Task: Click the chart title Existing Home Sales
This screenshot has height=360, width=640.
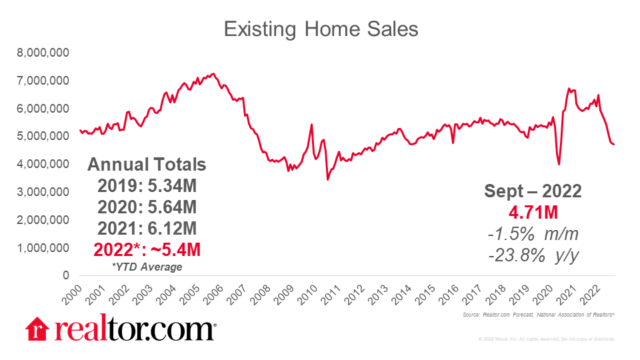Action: (x=320, y=29)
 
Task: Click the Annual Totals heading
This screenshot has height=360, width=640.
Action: (x=147, y=165)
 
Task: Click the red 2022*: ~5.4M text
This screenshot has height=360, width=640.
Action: (x=147, y=250)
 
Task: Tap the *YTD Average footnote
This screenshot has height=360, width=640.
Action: (x=148, y=267)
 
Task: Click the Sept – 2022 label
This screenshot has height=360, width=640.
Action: (x=533, y=192)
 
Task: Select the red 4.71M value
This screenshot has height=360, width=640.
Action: (x=533, y=213)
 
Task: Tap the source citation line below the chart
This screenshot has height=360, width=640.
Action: (x=537, y=314)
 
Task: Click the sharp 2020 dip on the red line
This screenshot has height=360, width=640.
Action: (x=559, y=163)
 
